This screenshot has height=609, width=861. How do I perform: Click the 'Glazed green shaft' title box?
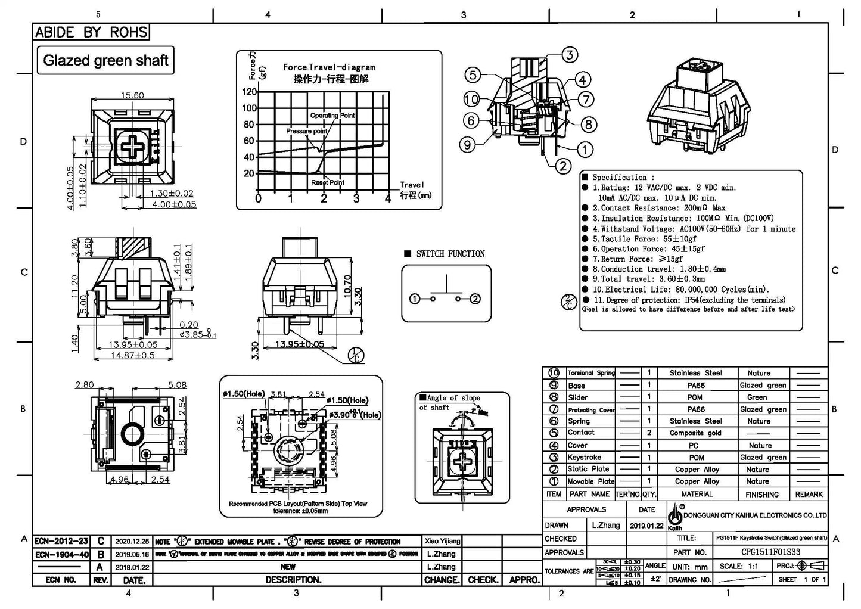click(x=105, y=60)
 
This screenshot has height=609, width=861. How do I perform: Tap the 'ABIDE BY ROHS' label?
click(x=91, y=32)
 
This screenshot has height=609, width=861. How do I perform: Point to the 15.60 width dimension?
click(x=132, y=95)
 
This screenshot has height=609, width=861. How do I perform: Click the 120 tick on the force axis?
click(x=249, y=92)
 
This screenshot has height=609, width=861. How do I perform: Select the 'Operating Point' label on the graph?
click(x=332, y=116)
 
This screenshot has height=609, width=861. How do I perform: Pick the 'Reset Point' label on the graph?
click(x=328, y=182)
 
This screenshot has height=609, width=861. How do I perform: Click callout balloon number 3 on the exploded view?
click(x=570, y=55)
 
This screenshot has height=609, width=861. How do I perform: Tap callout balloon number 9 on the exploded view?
click(x=468, y=144)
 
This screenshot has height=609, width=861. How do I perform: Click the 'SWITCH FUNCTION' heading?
click(x=450, y=254)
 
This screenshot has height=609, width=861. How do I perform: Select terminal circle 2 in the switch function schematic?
click(x=475, y=299)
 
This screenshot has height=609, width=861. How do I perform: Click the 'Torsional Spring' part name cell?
click(x=590, y=373)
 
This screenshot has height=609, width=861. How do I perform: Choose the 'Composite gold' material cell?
click(x=695, y=433)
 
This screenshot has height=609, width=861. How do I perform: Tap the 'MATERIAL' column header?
click(x=697, y=494)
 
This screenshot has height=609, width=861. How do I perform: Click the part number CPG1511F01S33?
click(x=770, y=552)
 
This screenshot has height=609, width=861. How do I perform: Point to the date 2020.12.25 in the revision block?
click(x=132, y=542)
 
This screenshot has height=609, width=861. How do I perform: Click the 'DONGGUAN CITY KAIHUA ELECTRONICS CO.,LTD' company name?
click(x=755, y=515)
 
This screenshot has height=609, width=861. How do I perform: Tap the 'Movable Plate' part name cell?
click(x=590, y=481)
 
